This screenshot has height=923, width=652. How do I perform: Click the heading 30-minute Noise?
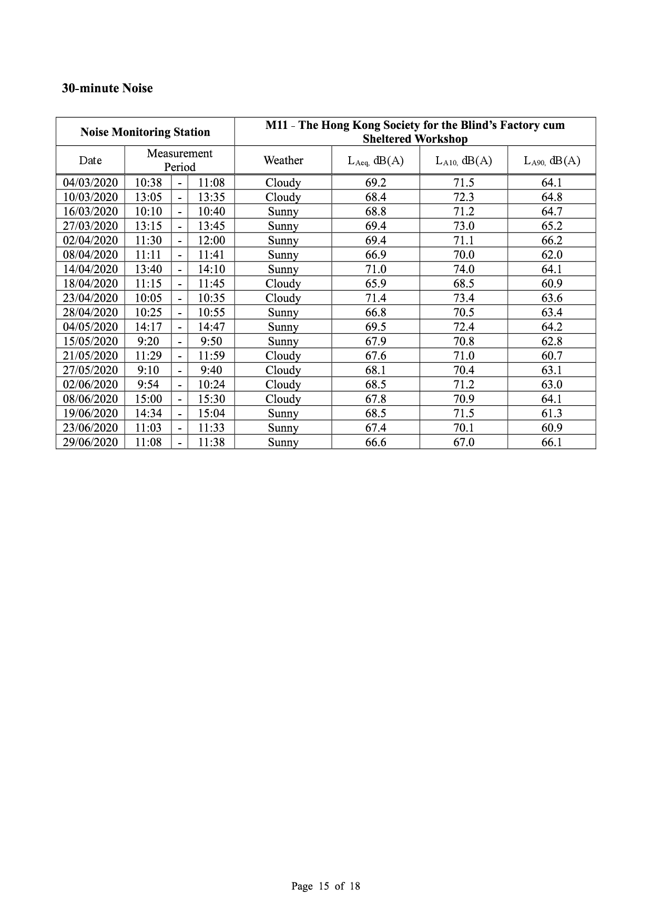coord(107,88)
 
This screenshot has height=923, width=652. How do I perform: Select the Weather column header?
coord(283,160)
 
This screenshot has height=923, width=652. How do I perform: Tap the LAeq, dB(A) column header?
coord(375,160)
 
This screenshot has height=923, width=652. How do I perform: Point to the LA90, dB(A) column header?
coord(552,160)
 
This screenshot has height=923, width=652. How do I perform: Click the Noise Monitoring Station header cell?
coord(145,132)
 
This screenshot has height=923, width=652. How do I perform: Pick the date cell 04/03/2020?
coord(90,183)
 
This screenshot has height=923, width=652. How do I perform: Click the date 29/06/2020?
coord(90,442)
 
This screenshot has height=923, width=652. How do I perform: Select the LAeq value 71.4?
coord(375,298)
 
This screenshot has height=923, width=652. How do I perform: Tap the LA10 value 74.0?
coord(464,269)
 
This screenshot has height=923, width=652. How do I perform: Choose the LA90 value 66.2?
coord(552,240)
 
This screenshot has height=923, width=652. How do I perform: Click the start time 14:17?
coord(148,327)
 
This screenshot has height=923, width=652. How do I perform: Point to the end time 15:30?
coord(211,399)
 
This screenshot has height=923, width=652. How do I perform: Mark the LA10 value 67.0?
coord(464,442)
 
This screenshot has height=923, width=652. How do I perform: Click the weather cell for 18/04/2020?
coord(283,284)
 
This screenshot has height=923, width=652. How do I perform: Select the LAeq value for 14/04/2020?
coord(375,269)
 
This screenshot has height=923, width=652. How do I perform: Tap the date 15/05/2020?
coord(90,341)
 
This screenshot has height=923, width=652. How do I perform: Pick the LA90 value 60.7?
coord(552,356)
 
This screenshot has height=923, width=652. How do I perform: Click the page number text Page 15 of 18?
coord(325,886)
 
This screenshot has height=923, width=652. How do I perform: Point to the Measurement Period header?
coord(179,160)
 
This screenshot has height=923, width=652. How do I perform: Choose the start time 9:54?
coord(148,384)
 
